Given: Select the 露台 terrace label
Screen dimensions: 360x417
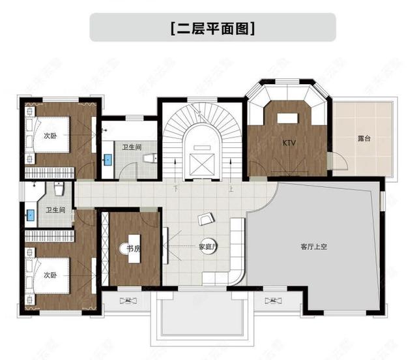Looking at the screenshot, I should click(365, 139).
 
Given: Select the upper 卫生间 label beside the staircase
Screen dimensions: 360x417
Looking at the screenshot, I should click(132, 147).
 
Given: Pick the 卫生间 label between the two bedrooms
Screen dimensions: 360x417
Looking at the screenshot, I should click(55, 210).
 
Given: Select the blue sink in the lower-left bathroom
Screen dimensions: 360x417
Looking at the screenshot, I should click(30, 213).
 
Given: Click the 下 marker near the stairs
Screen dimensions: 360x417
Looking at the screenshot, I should click(175, 189).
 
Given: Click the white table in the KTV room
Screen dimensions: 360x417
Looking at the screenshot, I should click(287, 118).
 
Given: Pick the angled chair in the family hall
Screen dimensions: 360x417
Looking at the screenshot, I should click(207, 217).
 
